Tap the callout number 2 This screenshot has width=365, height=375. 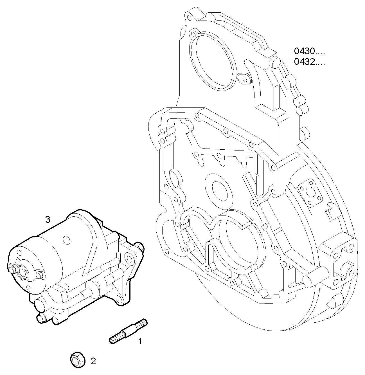point(93,361)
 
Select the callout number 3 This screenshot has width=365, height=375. point(48,219)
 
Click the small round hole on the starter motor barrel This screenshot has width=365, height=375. point(66,240)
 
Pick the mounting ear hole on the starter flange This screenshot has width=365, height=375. point(129,257)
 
